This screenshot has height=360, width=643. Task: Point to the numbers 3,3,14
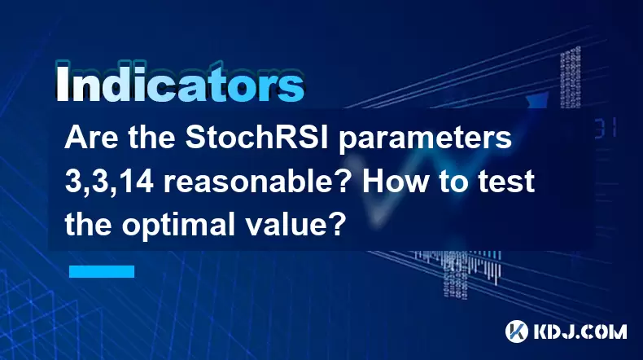pos(109,182)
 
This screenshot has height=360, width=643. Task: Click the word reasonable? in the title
pos(258,182)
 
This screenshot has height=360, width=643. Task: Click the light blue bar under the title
pos(102,271)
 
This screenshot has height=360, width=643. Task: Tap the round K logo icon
pos(517,331)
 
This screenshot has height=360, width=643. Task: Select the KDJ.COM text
pos(580,331)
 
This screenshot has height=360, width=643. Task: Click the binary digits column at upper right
pos(570,77)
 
